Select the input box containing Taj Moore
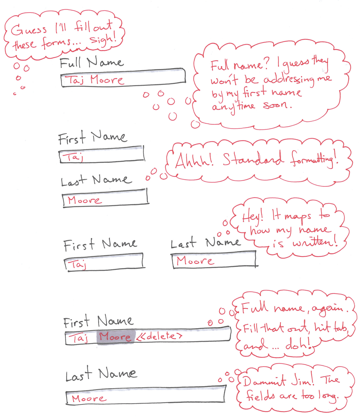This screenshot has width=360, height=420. pos(123,78)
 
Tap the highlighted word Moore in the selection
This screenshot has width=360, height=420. pos(115,337)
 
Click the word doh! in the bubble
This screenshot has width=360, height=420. pos(298,344)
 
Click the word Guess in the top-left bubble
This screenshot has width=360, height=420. pos(29,30)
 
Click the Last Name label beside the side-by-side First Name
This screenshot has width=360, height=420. pos(205,243)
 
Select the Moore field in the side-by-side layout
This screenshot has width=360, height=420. pos(214,260)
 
